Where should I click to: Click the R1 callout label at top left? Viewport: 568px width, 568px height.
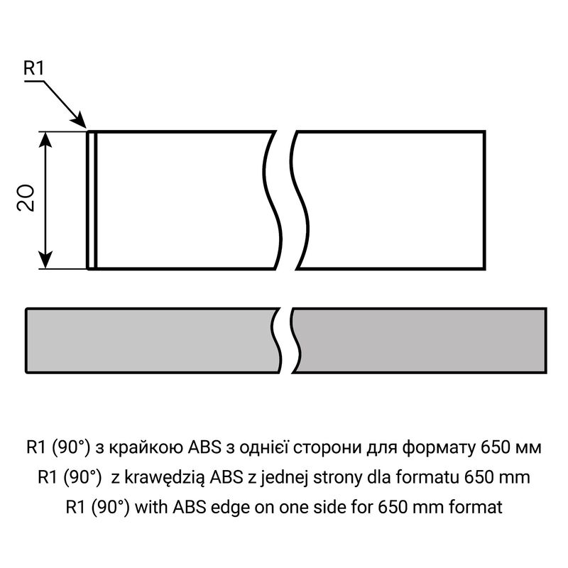coord(33,68)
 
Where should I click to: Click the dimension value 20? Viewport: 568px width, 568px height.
coord(26,198)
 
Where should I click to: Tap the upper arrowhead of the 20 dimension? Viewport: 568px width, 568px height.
coord(45,140)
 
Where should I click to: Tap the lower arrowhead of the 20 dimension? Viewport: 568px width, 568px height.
coord(45,260)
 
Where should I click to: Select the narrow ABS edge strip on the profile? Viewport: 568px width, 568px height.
coord(92,200)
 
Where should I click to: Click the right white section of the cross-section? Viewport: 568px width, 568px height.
coord(391,200)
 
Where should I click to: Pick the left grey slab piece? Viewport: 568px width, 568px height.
coord(152,341)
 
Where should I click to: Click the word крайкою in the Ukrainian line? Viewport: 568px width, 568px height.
coord(147,448)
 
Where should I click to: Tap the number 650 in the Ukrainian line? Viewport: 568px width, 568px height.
coord(495,448)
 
